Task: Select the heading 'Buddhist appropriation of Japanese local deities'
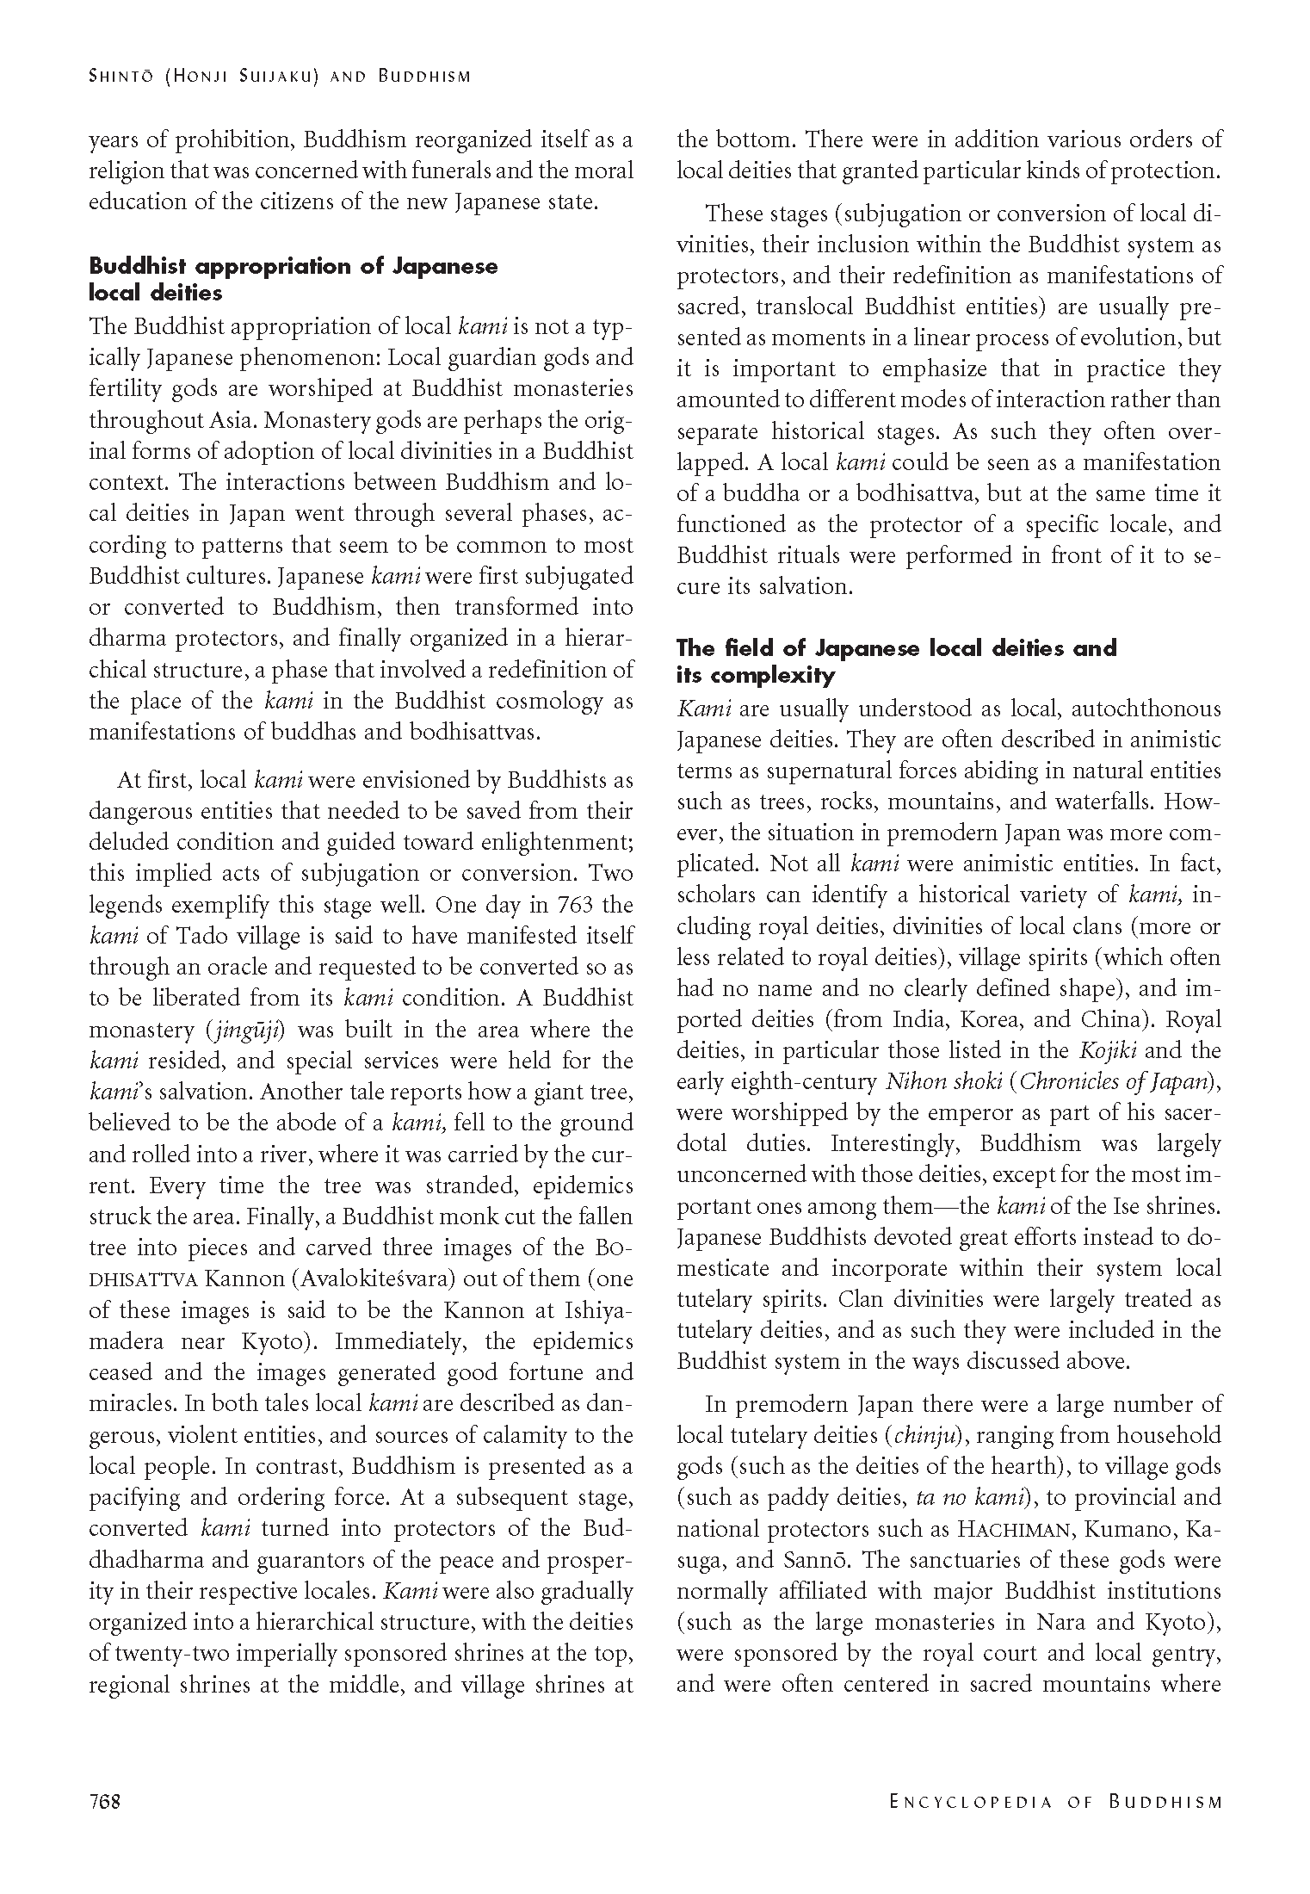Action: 294,279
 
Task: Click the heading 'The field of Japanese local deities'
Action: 896,660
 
